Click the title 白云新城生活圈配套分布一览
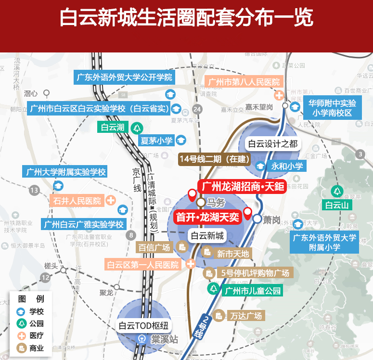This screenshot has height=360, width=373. click(x=186, y=18)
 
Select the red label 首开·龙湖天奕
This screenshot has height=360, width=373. click(x=207, y=218)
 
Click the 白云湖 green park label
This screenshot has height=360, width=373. click(x=113, y=128)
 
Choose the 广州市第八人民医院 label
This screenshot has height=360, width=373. click(x=244, y=82)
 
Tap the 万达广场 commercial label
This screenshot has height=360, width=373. click(x=245, y=316)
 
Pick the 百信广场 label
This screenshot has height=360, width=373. click(x=154, y=248)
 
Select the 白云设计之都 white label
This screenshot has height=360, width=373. click(x=272, y=144)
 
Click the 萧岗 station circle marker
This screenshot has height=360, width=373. click(x=257, y=219)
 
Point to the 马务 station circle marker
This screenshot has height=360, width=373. click(x=201, y=202)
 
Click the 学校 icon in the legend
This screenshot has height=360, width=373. click(x=21, y=311)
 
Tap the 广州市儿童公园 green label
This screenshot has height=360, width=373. click(x=252, y=290)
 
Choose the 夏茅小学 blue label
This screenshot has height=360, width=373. click(x=156, y=141)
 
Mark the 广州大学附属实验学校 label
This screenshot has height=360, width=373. click(x=64, y=172)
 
